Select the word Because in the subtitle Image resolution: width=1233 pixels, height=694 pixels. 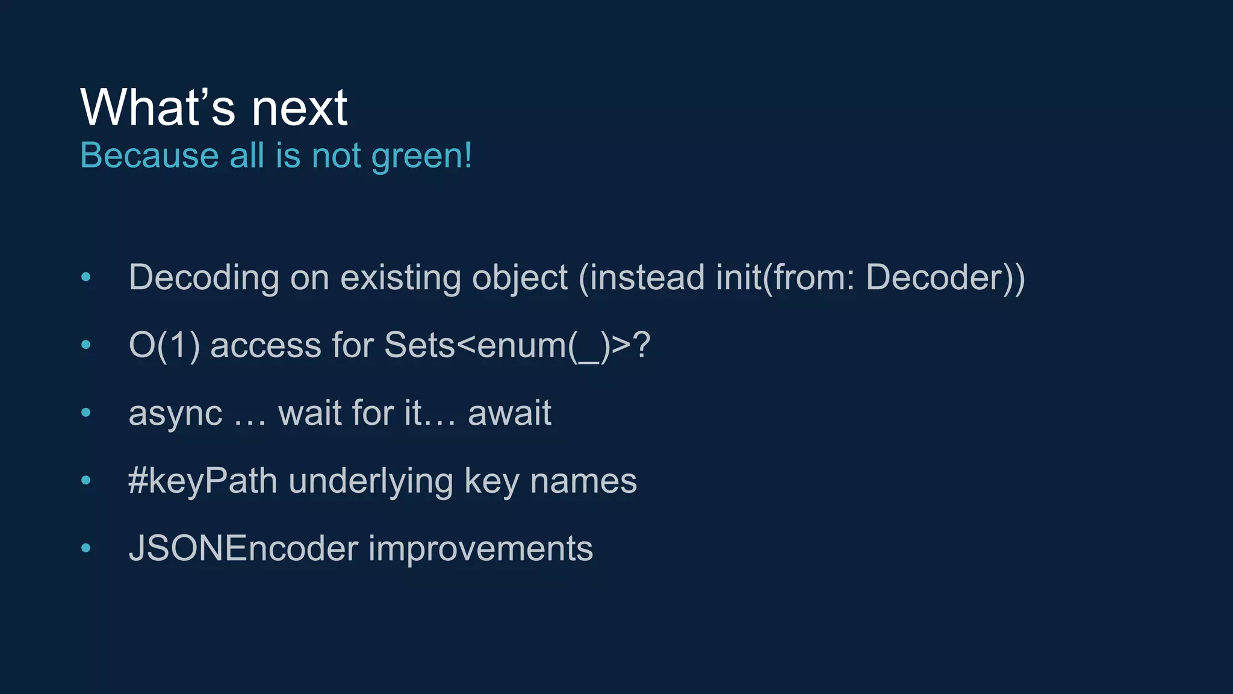point(149,155)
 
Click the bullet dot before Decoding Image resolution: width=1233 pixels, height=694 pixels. point(86,277)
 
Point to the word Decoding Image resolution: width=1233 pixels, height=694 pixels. point(204,278)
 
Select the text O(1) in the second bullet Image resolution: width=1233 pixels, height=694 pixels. point(164,346)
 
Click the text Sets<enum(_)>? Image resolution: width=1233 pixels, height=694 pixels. point(517,346)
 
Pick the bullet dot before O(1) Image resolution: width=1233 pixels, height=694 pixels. point(86,345)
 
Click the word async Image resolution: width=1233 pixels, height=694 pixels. point(175,414)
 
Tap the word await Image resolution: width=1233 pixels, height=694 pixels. point(509,413)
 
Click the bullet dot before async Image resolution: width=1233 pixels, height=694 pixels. point(86,413)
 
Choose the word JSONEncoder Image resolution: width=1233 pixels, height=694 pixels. point(243,549)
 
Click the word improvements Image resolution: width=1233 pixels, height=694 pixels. point(480,549)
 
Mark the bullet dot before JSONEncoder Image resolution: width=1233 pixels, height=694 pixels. point(86,548)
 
